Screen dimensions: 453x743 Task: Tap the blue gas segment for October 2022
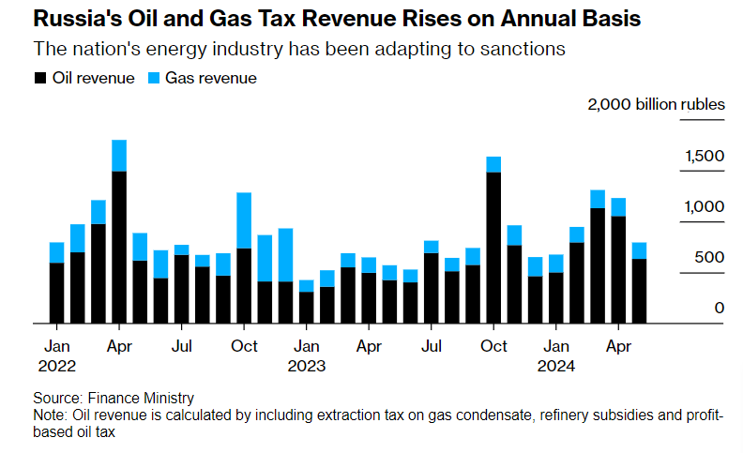(x=244, y=220)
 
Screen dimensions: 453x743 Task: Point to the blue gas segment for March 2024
(x=598, y=199)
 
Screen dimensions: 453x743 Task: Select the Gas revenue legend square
(x=155, y=79)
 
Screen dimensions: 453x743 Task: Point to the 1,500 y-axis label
(x=705, y=156)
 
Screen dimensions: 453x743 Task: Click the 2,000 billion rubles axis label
(x=656, y=104)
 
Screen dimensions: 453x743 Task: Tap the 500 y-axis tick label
(x=712, y=257)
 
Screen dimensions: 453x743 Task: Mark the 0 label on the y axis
(x=719, y=308)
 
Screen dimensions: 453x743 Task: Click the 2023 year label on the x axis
(x=306, y=366)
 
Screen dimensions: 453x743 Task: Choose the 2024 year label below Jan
(x=555, y=366)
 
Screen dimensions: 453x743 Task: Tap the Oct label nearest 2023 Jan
(x=244, y=346)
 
